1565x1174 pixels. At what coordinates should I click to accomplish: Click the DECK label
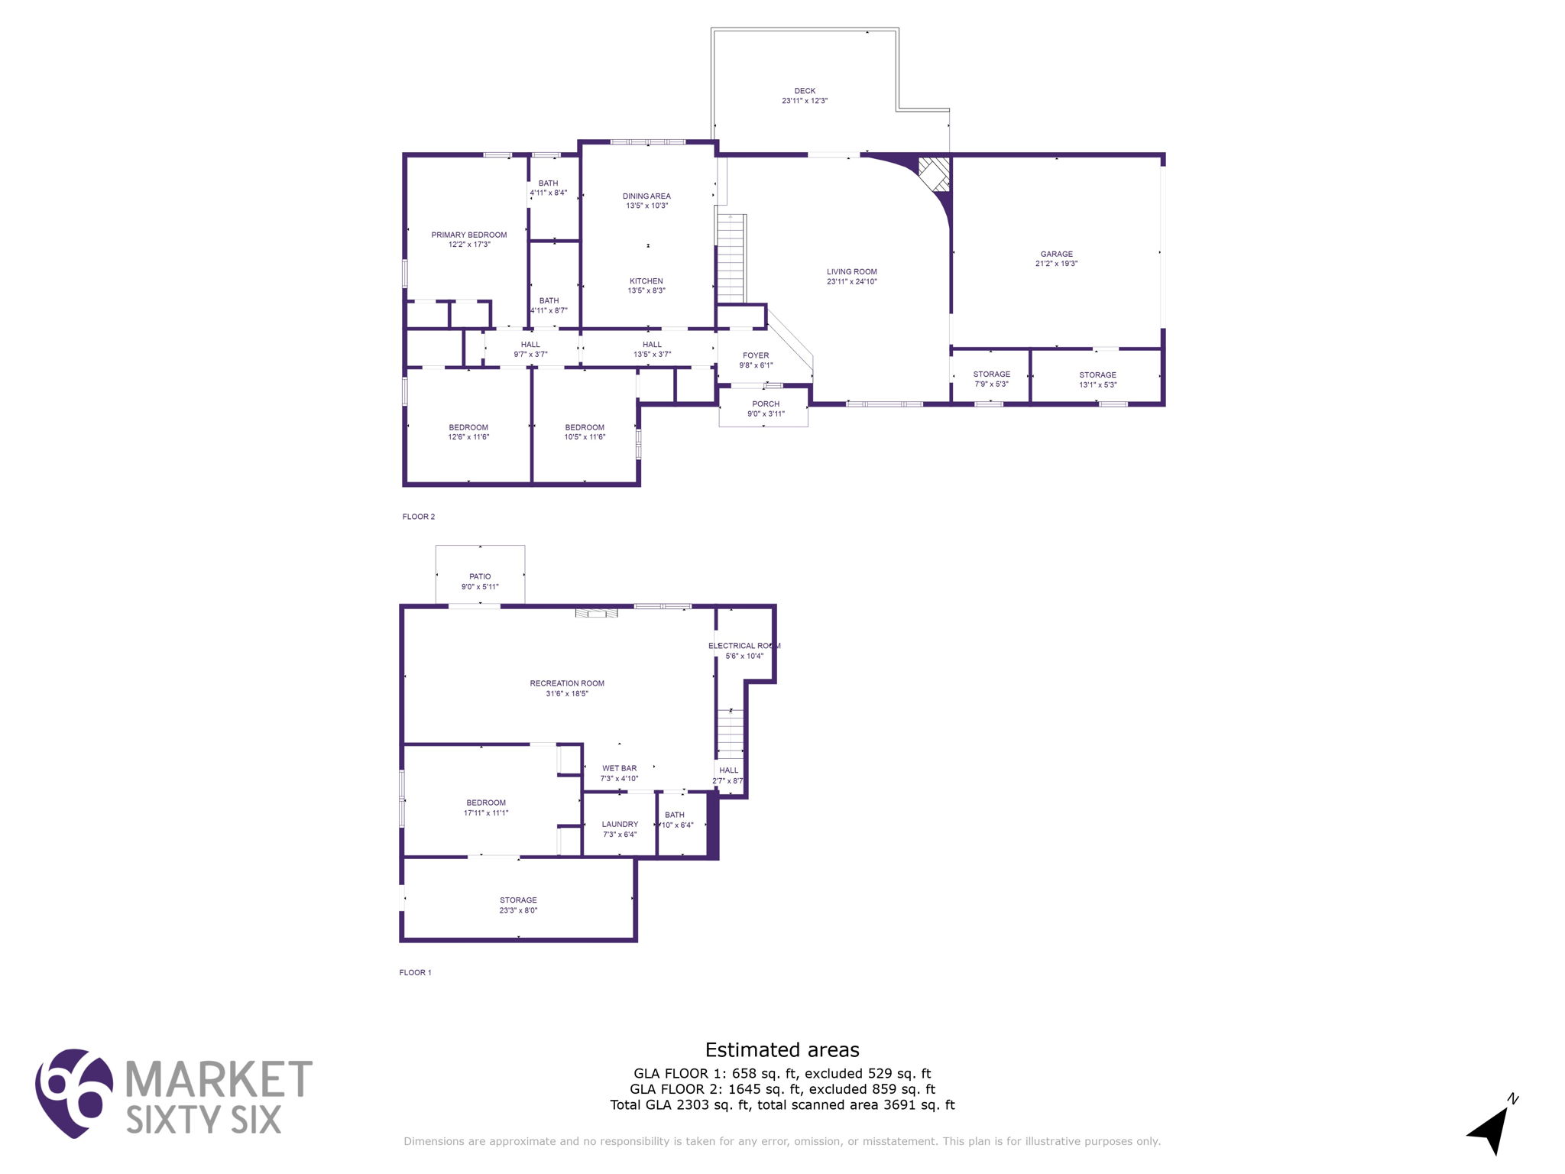(x=804, y=91)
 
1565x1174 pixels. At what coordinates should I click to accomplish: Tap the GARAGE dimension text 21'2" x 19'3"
(x=1056, y=264)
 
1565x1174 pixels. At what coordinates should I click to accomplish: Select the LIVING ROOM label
(x=851, y=271)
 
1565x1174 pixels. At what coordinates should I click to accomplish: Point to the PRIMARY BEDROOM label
(x=468, y=235)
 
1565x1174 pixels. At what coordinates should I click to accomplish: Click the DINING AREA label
(x=646, y=196)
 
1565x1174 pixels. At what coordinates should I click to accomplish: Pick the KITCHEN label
(x=646, y=281)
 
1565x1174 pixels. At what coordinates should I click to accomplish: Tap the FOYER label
(x=756, y=355)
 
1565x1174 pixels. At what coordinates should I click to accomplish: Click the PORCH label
(x=766, y=404)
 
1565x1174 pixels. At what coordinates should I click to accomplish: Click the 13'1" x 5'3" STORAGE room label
(x=1097, y=375)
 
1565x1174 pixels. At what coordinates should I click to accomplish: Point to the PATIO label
(x=480, y=576)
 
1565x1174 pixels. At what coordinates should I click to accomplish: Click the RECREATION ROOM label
(x=567, y=683)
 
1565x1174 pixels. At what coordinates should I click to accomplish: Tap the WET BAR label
(x=619, y=768)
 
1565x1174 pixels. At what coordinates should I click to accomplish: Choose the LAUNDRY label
(x=620, y=824)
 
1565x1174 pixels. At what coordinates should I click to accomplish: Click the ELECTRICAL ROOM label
(x=744, y=646)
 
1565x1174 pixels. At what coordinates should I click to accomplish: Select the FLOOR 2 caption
(x=419, y=517)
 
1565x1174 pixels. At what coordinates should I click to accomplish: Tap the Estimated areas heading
(x=782, y=1049)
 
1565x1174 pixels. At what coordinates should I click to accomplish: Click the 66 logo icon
(x=73, y=1092)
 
